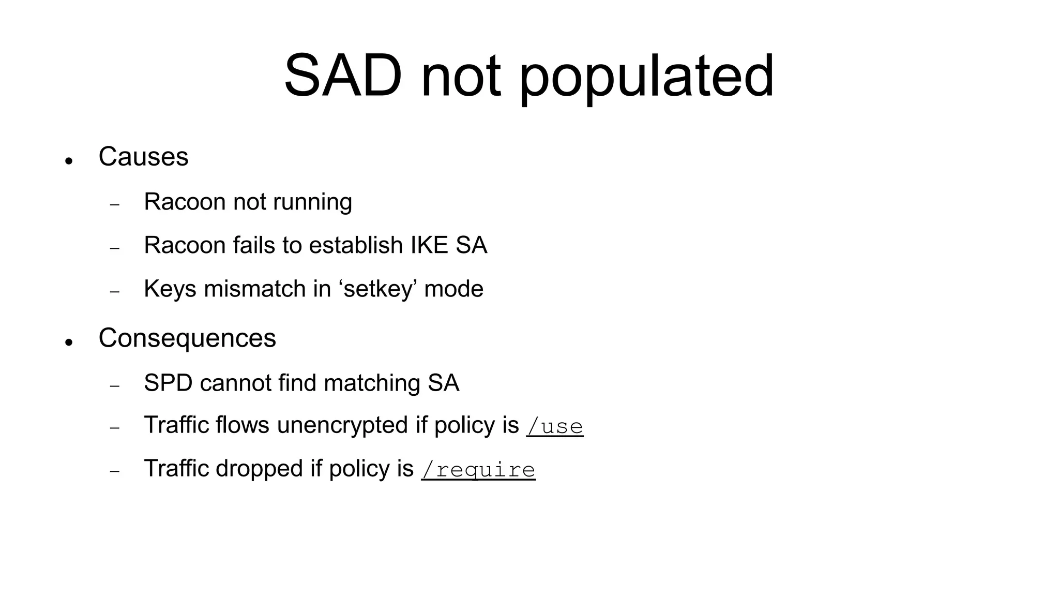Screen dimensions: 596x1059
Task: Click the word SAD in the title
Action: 342,77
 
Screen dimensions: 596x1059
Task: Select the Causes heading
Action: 143,157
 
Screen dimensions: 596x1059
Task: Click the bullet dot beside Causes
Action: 68,161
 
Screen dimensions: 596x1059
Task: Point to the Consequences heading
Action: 187,338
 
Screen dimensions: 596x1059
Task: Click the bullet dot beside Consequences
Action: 68,342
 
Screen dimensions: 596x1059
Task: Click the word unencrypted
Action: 342,426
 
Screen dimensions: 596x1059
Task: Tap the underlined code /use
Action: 554,427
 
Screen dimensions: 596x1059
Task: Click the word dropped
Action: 259,469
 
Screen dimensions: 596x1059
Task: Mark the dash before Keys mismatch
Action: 115,292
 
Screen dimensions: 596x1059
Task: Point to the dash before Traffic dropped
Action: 115,472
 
